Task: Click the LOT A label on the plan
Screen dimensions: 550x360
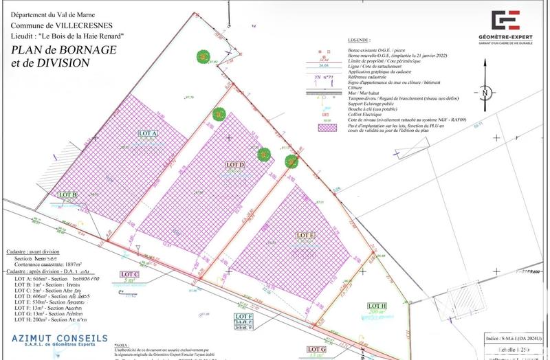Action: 148,133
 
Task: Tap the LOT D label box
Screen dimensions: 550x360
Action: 236,165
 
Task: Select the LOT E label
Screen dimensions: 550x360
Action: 305,236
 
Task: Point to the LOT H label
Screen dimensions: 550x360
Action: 377,306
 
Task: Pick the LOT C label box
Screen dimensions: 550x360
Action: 131,275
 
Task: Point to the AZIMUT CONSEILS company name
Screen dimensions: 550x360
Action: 60,339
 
